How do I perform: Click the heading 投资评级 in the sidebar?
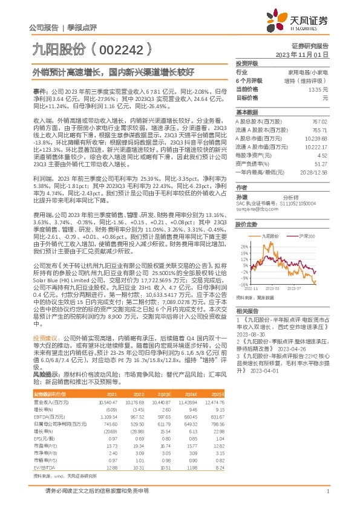[x=247, y=63]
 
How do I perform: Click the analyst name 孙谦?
[x=242, y=196]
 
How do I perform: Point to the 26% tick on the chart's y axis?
[x=243, y=247]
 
